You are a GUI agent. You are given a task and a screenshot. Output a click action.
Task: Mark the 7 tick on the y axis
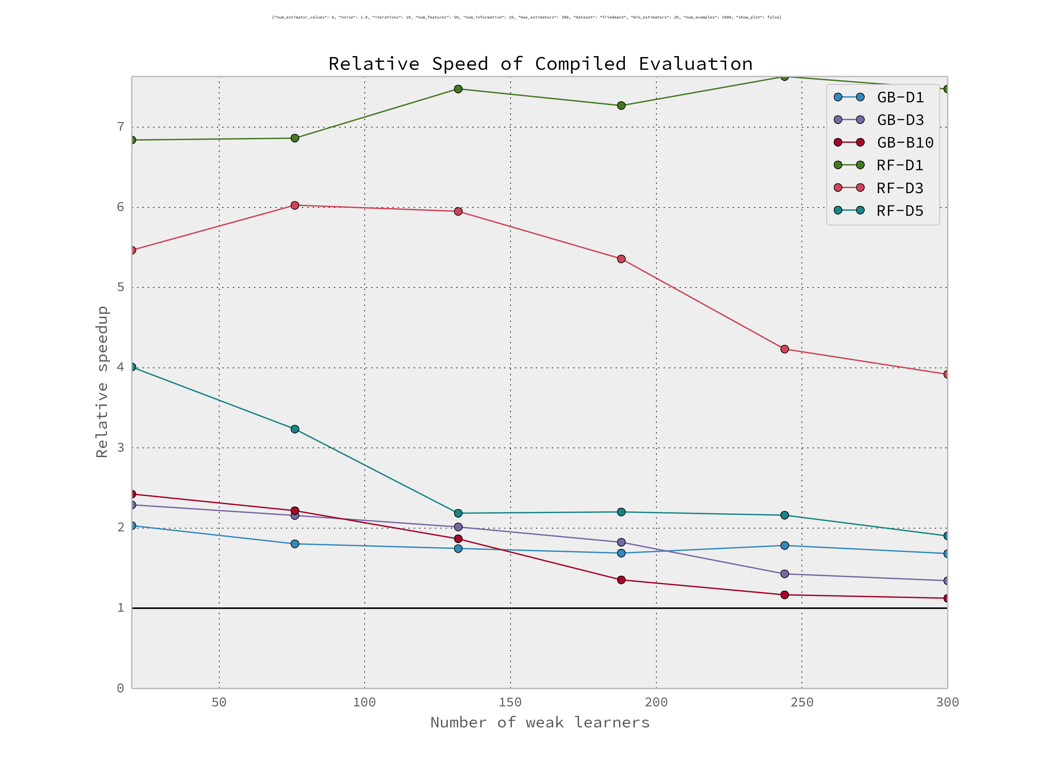click(121, 127)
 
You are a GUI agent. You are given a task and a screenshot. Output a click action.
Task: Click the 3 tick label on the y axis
click(121, 448)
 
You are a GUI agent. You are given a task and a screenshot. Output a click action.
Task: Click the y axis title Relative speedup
click(102, 382)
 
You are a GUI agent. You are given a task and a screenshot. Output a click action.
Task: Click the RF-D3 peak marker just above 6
click(295, 206)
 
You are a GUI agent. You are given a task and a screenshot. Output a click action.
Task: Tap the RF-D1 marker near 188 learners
click(621, 106)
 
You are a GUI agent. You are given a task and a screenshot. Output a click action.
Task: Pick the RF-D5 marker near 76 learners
click(295, 429)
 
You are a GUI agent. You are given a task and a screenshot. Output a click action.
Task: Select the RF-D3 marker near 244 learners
click(785, 349)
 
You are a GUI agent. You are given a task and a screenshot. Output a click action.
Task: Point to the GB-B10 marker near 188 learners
click(621, 580)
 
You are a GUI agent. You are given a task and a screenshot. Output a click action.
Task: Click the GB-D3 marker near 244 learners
click(785, 574)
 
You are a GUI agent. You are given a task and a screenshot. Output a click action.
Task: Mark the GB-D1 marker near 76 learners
click(295, 544)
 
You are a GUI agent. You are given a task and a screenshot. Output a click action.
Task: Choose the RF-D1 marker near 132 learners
click(458, 89)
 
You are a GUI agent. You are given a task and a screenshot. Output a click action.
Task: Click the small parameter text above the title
click(526, 17)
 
